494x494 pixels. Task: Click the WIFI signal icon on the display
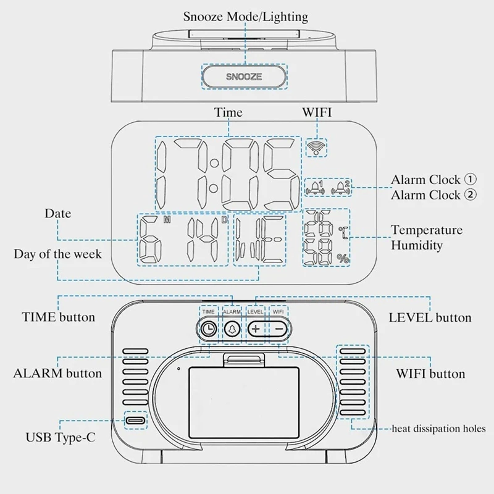[316, 148]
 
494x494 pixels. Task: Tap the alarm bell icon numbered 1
[315, 188]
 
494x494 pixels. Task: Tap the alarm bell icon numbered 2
[341, 188]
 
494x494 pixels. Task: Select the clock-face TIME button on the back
[208, 329]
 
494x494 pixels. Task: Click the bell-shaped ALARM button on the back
[232, 329]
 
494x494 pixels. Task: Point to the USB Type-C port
[136, 421]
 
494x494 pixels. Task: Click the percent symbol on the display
[343, 259]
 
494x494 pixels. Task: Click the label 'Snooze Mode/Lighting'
[245, 17]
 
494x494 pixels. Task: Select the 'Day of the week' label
[57, 254]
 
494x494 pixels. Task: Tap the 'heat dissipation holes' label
[438, 429]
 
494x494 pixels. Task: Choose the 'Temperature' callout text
[427, 230]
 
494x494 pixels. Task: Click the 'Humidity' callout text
[416, 245]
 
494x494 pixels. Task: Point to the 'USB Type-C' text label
[60, 437]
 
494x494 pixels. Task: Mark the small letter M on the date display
[167, 220]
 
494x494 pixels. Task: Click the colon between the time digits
[214, 175]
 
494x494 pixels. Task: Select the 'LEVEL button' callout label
[430, 318]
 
